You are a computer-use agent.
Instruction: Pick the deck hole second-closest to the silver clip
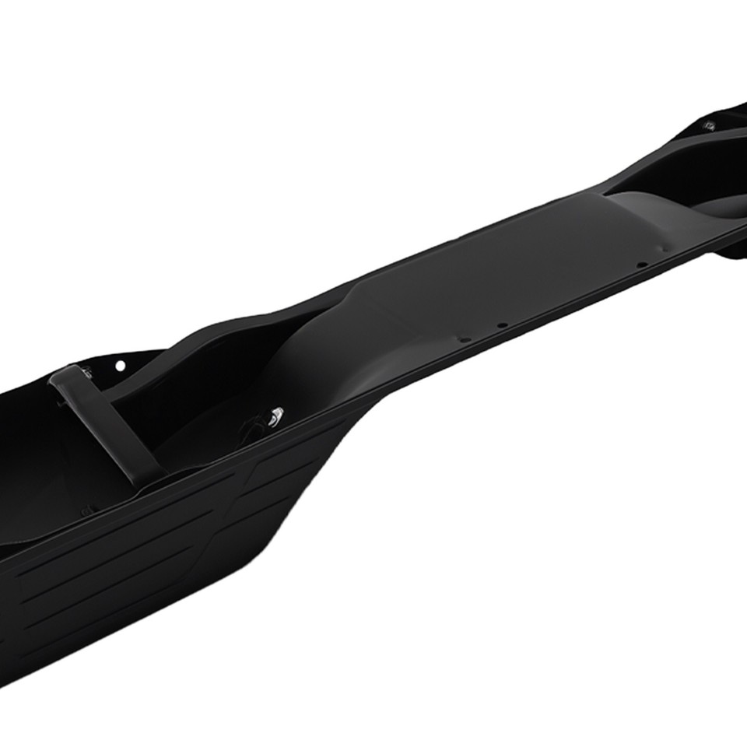pyautogui.click(x=503, y=324)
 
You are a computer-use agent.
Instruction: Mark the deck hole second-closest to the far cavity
pyautogui.click(x=640, y=265)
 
